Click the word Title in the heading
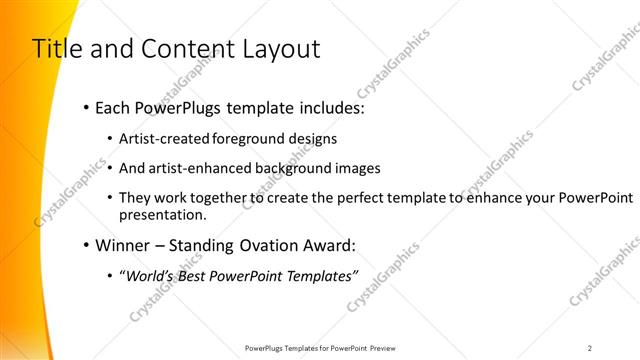click(x=56, y=49)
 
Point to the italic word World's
click(x=151, y=276)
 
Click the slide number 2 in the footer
click(x=589, y=348)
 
